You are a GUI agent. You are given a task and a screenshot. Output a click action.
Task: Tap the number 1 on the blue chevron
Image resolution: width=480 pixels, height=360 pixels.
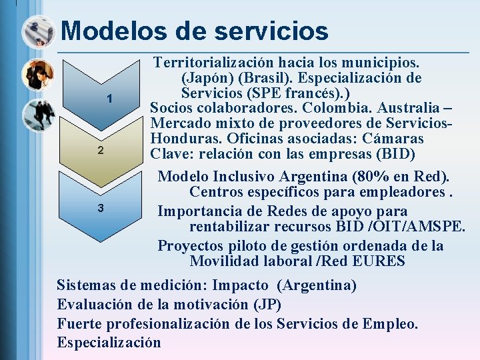(109, 99)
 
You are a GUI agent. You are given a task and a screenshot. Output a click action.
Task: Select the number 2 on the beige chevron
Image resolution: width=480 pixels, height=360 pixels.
(100, 150)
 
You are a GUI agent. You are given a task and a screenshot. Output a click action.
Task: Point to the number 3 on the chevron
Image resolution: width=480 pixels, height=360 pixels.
(100, 208)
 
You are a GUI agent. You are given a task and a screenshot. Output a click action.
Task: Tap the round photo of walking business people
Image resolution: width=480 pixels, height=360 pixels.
(38, 115)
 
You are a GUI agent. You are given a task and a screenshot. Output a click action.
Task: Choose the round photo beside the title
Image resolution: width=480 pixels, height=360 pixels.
(38, 31)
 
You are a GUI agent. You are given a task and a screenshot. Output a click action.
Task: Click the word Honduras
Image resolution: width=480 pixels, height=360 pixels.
(181, 139)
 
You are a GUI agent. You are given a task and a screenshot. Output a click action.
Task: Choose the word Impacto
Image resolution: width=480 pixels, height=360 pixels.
(240, 285)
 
